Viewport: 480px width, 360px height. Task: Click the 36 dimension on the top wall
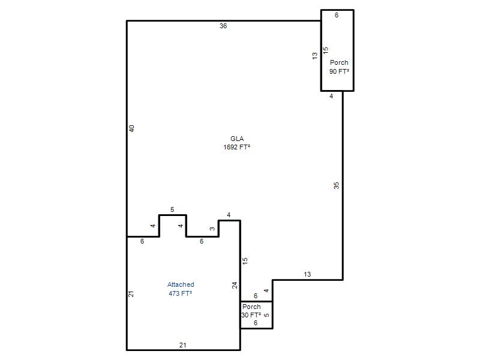point(223,26)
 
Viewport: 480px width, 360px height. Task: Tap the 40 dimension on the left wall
point(131,128)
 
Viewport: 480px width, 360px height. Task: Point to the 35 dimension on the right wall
point(337,185)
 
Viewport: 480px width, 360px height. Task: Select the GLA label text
point(237,139)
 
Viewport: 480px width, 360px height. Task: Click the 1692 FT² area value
point(236,147)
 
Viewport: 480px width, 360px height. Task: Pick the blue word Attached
point(181,284)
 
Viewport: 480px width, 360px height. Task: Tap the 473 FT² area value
point(181,293)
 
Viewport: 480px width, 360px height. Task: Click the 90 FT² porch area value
point(339,71)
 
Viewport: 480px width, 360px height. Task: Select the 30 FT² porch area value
point(251,315)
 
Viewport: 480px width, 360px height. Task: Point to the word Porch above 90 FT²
point(339,62)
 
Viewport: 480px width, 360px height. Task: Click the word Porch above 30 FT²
point(251,307)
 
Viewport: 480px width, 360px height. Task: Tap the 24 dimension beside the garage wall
point(235,286)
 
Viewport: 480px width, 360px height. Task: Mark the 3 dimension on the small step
point(212,229)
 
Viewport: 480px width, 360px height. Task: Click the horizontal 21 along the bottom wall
point(183,345)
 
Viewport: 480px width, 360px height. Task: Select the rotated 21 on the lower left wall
point(131,294)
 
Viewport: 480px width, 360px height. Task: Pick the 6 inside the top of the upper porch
point(337,15)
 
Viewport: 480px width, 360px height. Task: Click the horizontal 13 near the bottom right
point(307,274)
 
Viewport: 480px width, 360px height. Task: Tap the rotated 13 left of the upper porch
point(314,56)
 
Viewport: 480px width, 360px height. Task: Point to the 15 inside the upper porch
point(325,50)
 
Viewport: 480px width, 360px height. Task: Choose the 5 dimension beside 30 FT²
point(266,315)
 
